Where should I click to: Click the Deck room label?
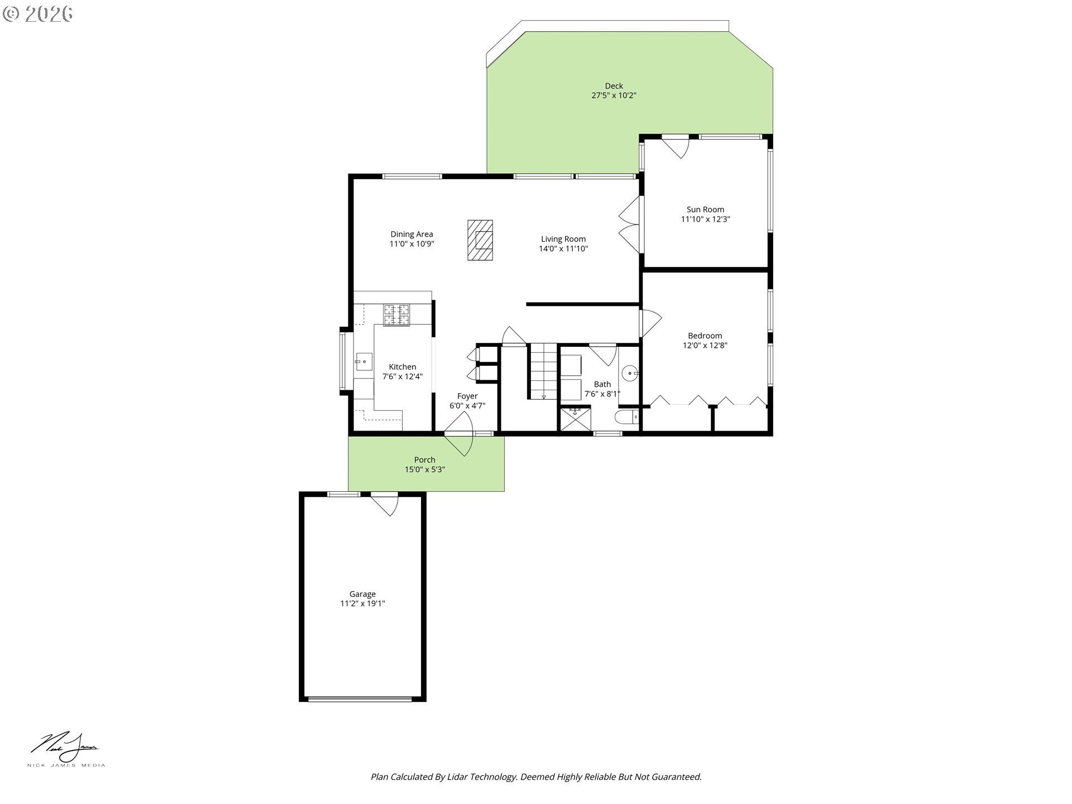coord(614,86)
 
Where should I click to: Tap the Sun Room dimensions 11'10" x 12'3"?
coord(705,219)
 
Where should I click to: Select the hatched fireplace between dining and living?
coord(480,240)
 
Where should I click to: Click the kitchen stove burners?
coord(396,315)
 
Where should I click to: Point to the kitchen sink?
coord(363,362)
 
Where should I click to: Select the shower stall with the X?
coord(575,419)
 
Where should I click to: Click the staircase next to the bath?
coord(543,371)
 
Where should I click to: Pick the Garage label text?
coord(362,594)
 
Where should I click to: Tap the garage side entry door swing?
coord(385,504)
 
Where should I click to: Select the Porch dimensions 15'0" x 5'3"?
coord(424,470)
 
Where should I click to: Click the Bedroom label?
coord(705,336)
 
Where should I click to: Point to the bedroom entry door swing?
coord(651,323)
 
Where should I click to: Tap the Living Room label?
coord(563,239)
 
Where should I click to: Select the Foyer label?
coord(467,396)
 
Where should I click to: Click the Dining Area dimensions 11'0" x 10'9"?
coord(411,244)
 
